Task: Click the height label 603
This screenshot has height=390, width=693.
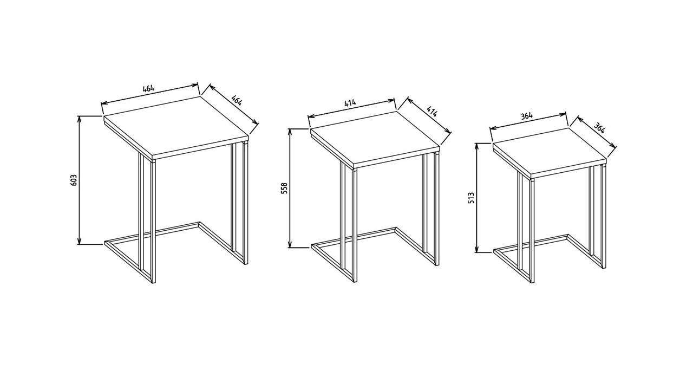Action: [x=74, y=180]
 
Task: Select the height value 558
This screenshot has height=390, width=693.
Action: [x=285, y=188]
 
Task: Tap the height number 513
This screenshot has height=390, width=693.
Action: [x=471, y=198]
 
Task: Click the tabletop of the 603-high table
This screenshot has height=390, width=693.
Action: [x=176, y=129]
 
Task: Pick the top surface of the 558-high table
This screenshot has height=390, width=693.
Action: [x=375, y=138]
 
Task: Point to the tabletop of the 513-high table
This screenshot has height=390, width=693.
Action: [x=550, y=153]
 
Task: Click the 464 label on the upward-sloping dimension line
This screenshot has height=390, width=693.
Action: [x=148, y=88]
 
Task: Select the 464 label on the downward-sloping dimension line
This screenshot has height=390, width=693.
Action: [x=237, y=100]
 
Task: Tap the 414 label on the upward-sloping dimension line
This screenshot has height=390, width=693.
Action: [x=350, y=103]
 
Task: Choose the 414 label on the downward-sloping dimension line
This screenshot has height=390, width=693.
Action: [x=432, y=112]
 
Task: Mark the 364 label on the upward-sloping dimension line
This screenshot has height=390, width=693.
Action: [x=527, y=116]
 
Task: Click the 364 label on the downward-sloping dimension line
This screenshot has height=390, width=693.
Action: [x=599, y=128]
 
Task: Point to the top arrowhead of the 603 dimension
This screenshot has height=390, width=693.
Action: [x=80, y=119]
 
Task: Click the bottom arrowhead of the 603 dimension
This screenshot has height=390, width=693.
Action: [x=80, y=241]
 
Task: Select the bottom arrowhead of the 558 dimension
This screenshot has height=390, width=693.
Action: [x=290, y=244]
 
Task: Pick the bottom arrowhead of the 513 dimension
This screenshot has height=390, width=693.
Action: [x=477, y=249]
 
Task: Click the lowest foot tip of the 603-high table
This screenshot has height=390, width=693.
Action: [x=154, y=283]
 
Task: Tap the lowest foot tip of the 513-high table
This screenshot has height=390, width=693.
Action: [x=533, y=282]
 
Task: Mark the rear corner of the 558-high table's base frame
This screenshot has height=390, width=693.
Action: [x=395, y=229]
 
